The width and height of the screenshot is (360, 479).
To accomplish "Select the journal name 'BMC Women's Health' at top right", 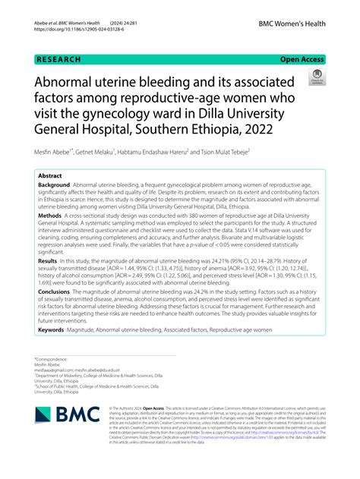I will point(290,24).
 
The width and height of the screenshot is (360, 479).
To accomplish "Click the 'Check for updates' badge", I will point(316,76).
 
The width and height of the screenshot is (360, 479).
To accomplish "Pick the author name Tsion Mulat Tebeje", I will point(226,152).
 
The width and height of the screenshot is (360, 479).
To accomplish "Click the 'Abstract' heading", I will point(52,175).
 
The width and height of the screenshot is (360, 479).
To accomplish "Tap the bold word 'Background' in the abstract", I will point(54,184).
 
